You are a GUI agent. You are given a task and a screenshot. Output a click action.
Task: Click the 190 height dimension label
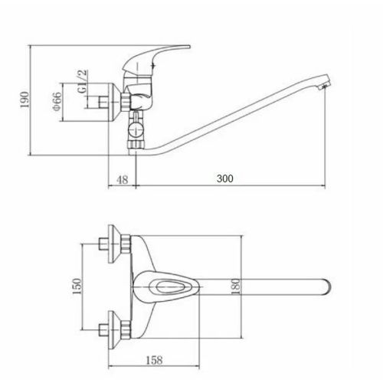[x=25, y=100]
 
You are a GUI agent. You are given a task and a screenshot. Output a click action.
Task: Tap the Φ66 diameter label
[x=57, y=102]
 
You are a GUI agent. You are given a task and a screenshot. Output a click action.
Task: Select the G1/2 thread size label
[x=83, y=82]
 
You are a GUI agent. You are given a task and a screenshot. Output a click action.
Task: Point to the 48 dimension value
[x=122, y=180]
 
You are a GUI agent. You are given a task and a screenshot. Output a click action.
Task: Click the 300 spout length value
[x=225, y=178]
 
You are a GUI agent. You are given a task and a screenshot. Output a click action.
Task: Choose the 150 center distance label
[x=77, y=286]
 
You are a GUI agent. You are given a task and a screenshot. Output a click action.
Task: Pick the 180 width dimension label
[x=236, y=286]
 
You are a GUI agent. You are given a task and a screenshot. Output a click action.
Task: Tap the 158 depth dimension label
[x=154, y=360]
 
